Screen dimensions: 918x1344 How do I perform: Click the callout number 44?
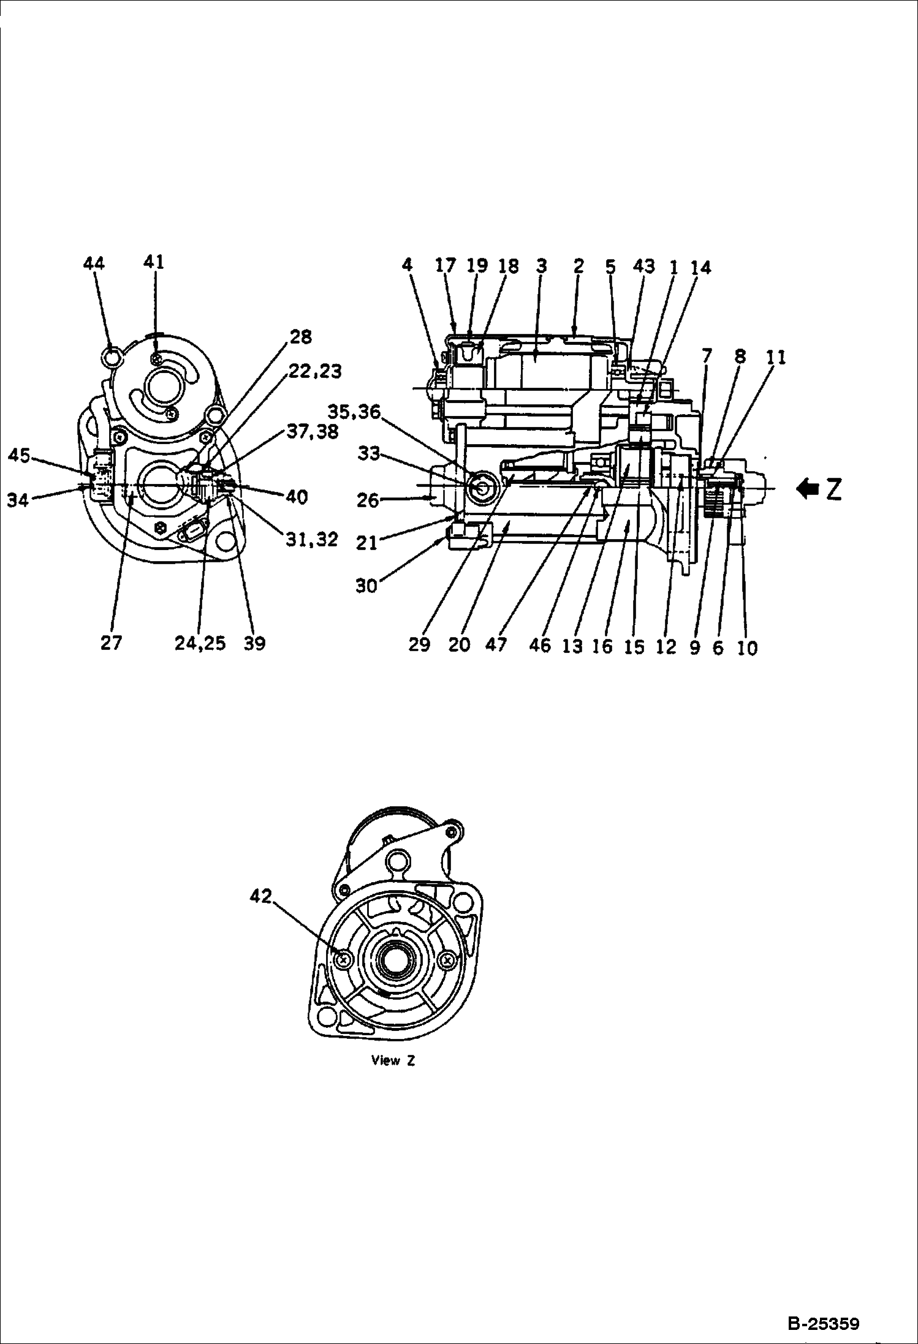(x=94, y=263)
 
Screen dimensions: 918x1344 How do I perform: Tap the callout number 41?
(x=154, y=262)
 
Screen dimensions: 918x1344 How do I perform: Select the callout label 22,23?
(x=316, y=372)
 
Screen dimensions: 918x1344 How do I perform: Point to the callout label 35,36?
(x=354, y=412)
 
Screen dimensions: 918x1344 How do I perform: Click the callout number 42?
(x=260, y=896)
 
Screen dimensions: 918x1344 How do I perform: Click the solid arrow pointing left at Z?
(x=807, y=488)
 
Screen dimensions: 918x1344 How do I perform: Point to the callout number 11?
(x=776, y=358)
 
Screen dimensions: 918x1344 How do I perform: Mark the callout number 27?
(x=112, y=643)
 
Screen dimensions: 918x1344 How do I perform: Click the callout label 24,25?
(x=200, y=643)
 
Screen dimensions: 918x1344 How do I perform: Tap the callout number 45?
(x=19, y=456)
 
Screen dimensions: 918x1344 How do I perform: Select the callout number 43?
(x=644, y=266)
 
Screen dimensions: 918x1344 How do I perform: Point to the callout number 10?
(x=748, y=648)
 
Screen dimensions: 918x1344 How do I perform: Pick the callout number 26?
(x=368, y=500)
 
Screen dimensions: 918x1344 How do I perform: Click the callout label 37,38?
(x=313, y=432)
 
